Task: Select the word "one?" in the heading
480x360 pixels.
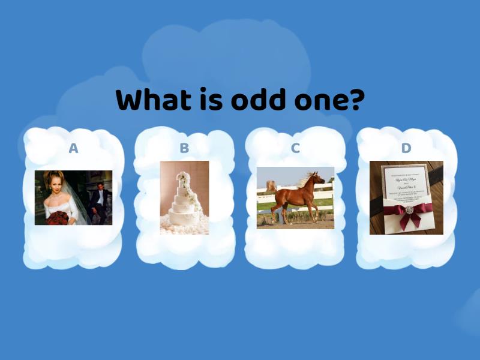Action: click(x=328, y=100)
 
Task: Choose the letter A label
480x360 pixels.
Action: click(x=73, y=148)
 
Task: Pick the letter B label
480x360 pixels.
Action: click(x=184, y=148)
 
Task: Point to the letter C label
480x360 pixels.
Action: click(x=295, y=148)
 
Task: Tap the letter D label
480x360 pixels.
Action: click(x=406, y=148)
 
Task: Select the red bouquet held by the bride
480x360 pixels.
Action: click(x=57, y=217)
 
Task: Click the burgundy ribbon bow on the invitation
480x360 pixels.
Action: click(x=409, y=211)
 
